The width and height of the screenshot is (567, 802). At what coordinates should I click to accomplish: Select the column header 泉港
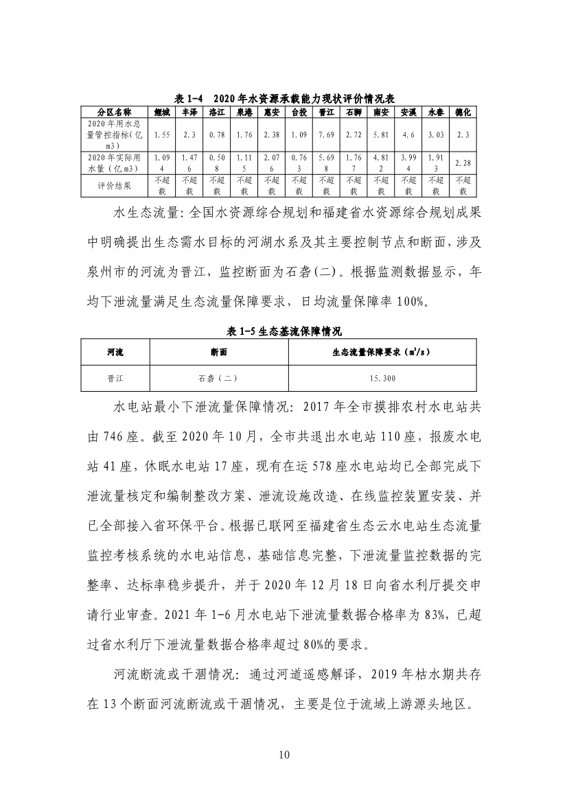[x=244, y=112]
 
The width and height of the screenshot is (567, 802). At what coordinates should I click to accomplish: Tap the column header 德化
[x=463, y=112]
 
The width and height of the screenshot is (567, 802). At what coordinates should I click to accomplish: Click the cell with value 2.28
[x=463, y=163]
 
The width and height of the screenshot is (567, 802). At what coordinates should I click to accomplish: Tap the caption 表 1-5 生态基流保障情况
[x=283, y=330]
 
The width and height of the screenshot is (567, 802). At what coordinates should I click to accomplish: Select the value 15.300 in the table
[x=382, y=378]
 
